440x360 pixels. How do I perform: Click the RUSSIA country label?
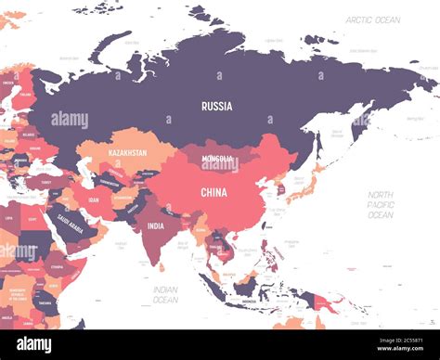pyautogui.click(x=216, y=106)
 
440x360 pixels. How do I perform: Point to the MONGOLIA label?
pyautogui.click(x=219, y=159)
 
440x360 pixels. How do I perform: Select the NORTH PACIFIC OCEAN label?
pyautogui.click(x=380, y=205)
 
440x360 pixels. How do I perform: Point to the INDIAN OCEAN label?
pyautogui.click(x=165, y=294)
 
